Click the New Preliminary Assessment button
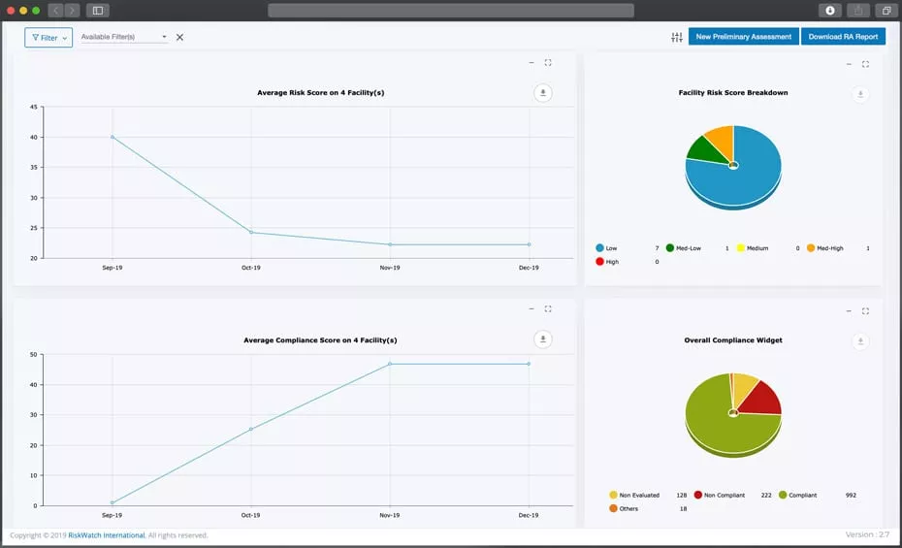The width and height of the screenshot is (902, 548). click(743, 37)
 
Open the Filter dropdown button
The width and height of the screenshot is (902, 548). click(48, 38)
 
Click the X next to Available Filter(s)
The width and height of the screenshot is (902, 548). click(179, 38)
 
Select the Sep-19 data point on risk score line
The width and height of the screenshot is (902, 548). click(113, 137)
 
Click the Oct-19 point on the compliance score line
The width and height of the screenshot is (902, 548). click(251, 429)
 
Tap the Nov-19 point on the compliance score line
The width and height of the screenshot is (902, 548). click(390, 364)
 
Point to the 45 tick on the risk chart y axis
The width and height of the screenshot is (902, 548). click(34, 107)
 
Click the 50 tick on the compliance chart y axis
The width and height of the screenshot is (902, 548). click(34, 355)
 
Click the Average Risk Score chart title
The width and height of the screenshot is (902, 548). click(320, 93)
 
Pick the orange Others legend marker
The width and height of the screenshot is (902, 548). click(613, 508)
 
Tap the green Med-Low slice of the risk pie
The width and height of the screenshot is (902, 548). click(701, 147)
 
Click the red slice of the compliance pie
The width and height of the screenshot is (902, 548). click(760, 397)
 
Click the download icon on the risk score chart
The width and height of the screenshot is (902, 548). click(543, 93)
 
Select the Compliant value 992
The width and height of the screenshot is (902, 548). click(851, 496)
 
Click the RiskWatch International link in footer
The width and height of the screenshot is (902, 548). click(106, 535)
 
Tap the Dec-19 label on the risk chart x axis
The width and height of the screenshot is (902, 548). click(529, 267)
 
